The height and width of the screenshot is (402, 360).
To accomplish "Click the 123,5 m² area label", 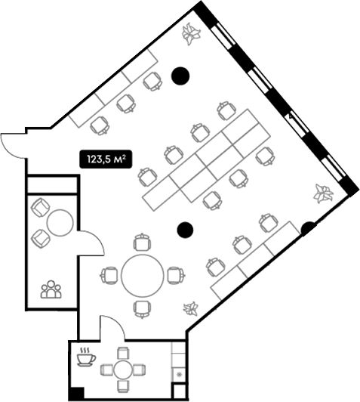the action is (x=106, y=159).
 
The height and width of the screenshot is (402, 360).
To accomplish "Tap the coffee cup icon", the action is (x=86, y=357).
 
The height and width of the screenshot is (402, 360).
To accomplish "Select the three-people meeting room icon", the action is (x=51, y=289).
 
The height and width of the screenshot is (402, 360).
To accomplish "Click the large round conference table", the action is (x=143, y=275).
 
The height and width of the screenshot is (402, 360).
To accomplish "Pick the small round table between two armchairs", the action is (x=60, y=223).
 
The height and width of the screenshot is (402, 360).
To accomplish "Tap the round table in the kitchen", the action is (x=123, y=370).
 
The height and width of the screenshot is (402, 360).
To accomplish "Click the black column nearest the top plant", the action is (x=180, y=76).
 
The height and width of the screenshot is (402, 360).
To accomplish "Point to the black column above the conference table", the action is (x=185, y=230).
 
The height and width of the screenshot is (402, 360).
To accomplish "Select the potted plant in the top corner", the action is (x=191, y=33).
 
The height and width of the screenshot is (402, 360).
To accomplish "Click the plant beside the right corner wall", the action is (x=323, y=193).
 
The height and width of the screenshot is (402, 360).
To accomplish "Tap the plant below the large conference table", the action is (x=191, y=308).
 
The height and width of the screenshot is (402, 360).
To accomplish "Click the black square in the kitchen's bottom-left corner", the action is (x=76, y=394).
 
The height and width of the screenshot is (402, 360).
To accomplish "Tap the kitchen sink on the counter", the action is (x=179, y=375).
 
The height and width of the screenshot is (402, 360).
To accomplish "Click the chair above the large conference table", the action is (x=142, y=242).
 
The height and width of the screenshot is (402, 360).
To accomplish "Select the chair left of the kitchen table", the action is (x=106, y=370).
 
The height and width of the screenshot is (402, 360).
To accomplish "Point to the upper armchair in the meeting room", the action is (x=40, y=207).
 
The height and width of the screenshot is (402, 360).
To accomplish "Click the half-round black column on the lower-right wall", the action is (x=307, y=229).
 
